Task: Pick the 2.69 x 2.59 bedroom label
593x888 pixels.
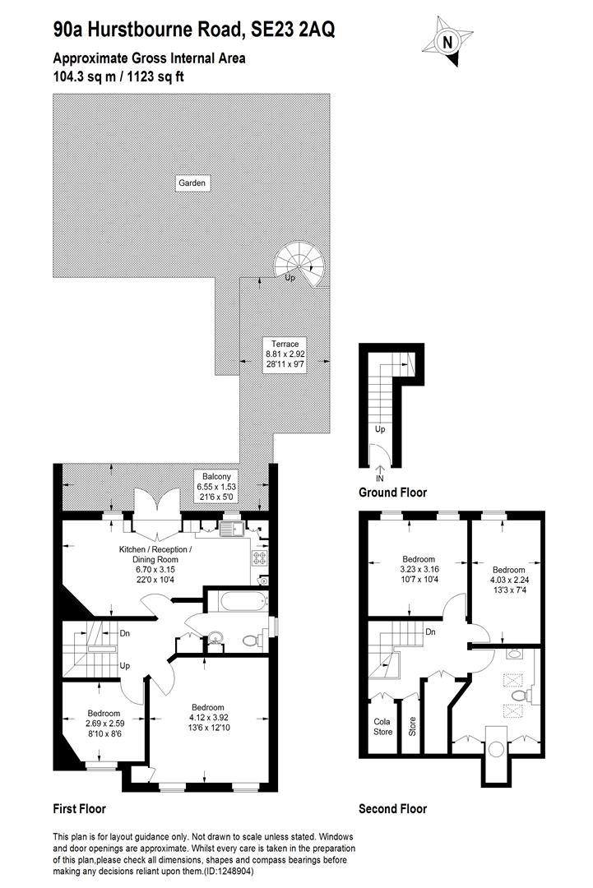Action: [x=104, y=723]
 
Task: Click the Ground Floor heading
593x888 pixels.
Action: [x=392, y=493]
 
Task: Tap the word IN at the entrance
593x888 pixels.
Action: [x=379, y=478]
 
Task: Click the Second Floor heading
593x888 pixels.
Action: [x=392, y=809]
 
